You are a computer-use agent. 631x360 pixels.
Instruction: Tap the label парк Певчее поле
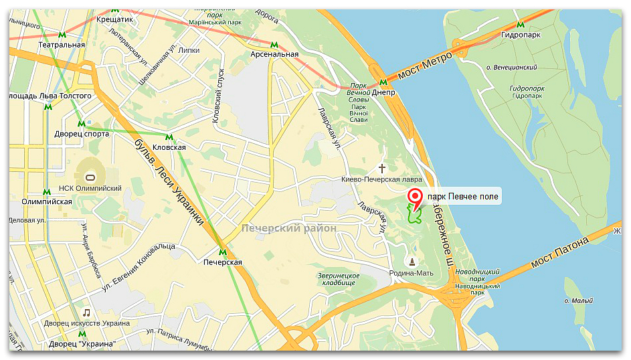(462, 196)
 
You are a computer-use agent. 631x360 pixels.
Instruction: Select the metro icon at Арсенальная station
(274, 45)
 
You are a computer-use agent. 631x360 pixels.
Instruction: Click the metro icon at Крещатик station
(116, 10)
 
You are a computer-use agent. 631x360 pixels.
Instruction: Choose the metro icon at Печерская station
(223, 252)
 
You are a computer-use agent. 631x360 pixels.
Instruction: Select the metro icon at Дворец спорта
(81, 124)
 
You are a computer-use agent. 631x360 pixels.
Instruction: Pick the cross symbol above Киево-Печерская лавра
(383, 168)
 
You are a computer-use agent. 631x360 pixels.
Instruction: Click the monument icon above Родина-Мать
(412, 261)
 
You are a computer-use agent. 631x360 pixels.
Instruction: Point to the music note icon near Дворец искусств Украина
(86, 312)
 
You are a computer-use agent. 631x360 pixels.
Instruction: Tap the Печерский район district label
(289, 228)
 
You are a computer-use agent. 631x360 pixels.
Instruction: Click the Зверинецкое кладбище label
(339, 280)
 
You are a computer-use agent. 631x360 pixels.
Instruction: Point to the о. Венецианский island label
(512, 67)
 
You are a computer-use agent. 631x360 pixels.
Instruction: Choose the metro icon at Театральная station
(62, 34)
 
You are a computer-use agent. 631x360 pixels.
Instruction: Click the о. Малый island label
(578, 300)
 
